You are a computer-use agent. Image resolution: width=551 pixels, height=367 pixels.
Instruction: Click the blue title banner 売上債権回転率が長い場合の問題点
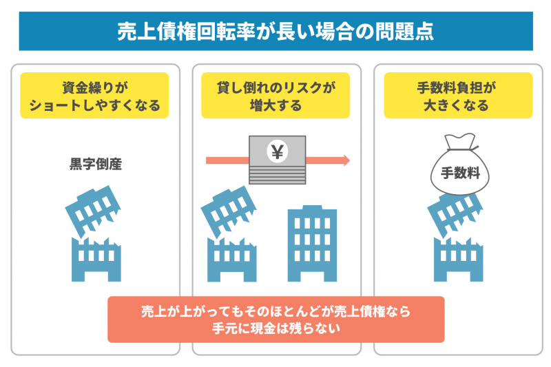[x=275, y=32]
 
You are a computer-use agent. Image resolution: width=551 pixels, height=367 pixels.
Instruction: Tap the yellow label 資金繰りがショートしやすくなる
[x=94, y=96]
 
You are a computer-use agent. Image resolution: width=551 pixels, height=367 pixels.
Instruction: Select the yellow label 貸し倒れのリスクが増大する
[x=275, y=96]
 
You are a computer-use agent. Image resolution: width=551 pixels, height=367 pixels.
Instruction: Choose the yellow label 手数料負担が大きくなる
[x=458, y=96]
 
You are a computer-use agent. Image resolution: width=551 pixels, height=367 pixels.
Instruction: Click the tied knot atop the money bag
[x=458, y=142]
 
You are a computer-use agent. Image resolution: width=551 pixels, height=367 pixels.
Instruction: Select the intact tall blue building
[x=311, y=244]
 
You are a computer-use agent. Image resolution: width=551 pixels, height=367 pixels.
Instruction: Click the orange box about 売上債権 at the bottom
[x=275, y=319]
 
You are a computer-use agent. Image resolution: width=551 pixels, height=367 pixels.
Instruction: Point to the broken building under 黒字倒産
[x=95, y=234]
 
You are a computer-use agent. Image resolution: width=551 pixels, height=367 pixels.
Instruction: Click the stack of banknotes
[x=277, y=160]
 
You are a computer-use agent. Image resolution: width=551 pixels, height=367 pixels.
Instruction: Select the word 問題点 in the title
[x=407, y=32]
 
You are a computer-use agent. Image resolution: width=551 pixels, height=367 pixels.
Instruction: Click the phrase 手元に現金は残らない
[x=275, y=328]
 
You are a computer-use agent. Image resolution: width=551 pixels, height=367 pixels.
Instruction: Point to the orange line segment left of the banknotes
[x=227, y=160]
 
